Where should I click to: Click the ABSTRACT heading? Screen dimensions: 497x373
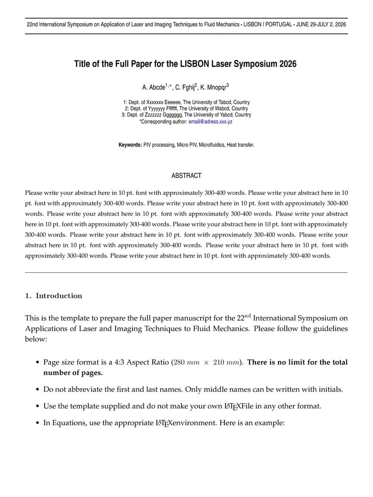(186, 176)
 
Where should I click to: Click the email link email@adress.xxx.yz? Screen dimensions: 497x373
(210, 122)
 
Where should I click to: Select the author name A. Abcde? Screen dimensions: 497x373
(154, 87)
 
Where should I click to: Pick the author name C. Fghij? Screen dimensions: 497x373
(185, 87)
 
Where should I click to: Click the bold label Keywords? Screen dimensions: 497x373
(130, 145)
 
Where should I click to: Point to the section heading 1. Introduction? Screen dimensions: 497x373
(54, 296)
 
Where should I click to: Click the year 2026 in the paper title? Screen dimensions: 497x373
(287, 64)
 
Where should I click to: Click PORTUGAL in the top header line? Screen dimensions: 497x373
(279, 24)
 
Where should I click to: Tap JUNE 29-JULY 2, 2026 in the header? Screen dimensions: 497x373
(322, 24)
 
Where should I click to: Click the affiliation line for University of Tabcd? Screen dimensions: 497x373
(186, 102)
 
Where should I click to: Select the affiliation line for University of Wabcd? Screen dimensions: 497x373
(186, 108)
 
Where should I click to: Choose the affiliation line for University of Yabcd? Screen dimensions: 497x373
(186, 115)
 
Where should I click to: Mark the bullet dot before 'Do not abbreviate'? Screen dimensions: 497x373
(38, 390)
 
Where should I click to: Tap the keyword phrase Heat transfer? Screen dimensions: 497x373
(241, 145)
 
